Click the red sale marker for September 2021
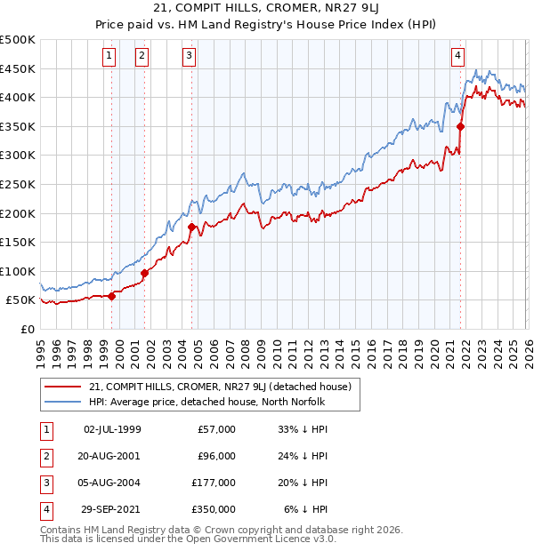coord(460,126)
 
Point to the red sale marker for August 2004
coord(191,227)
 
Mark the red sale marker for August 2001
coord(144,273)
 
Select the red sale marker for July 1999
coord(111,296)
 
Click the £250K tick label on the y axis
coord(17,184)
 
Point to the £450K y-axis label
coord(17,68)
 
